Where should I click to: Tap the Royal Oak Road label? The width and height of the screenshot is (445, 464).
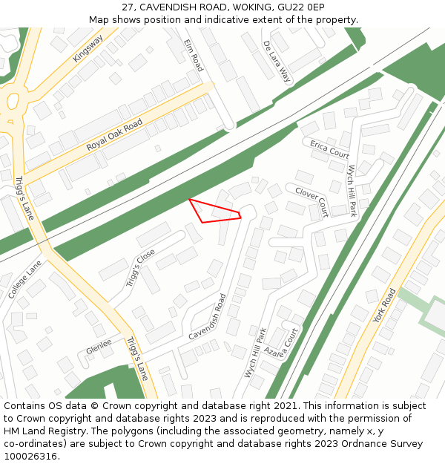(114, 135)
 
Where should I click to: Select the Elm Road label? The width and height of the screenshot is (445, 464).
(194, 55)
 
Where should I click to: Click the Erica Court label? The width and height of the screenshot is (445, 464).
(329, 149)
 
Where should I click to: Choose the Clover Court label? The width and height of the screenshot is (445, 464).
(311, 197)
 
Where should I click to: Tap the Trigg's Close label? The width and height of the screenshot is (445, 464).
(140, 268)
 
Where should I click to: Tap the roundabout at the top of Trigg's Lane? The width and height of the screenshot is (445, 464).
(10, 106)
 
